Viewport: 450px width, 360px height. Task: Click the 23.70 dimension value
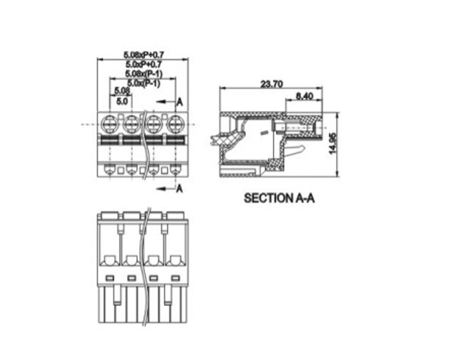point(271,84)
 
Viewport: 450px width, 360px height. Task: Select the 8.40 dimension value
point(304,96)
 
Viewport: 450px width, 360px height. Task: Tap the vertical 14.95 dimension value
point(332,144)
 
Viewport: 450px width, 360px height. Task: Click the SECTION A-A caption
point(279,198)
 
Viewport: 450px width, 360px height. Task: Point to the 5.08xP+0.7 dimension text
point(144,55)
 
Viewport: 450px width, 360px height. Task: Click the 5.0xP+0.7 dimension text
point(143,64)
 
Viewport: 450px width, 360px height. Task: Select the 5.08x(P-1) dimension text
point(144,73)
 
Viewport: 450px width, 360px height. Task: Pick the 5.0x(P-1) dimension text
point(144,83)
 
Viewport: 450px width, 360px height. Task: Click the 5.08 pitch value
point(122,91)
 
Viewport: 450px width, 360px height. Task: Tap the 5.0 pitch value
point(122,101)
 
